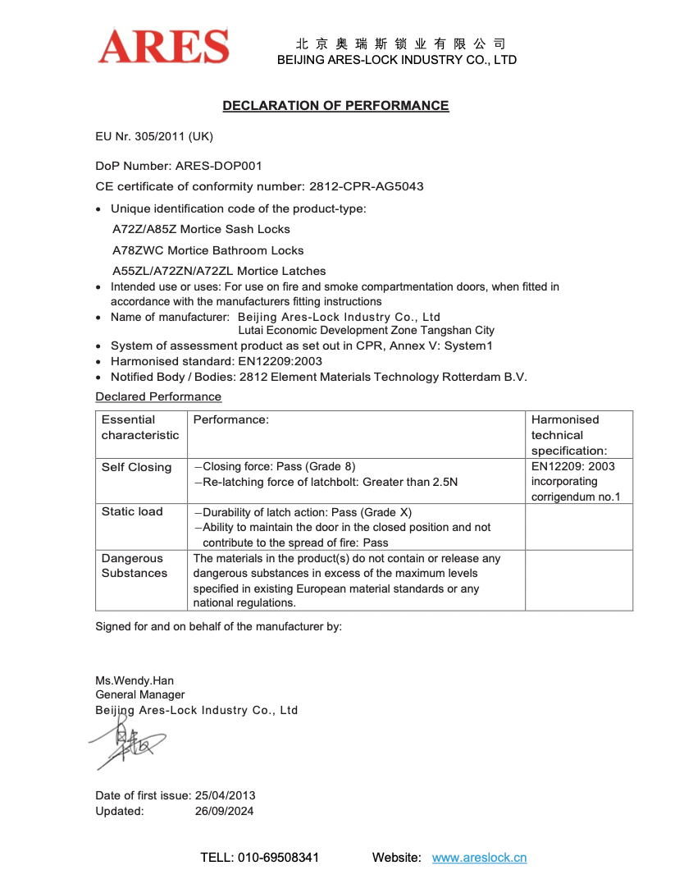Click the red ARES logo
click(x=163, y=47)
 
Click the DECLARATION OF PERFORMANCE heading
click(x=335, y=106)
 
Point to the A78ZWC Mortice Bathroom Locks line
click(x=207, y=250)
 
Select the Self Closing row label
click(x=136, y=467)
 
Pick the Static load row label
click(x=132, y=511)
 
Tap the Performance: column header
click(x=230, y=419)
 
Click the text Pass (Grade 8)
click(x=317, y=465)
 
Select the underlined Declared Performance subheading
click(x=158, y=396)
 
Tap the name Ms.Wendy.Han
click(x=135, y=680)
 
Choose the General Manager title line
click(x=140, y=695)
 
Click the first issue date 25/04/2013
click(x=225, y=795)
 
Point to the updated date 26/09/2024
click(x=224, y=811)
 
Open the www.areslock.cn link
click(x=479, y=858)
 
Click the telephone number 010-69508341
click(x=278, y=858)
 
